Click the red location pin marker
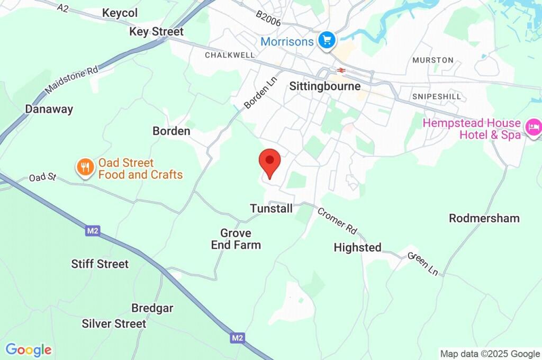(x=269, y=162)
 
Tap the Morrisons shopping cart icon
(x=327, y=40)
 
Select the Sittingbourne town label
(x=325, y=86)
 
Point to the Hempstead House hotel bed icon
(x=532, y=127)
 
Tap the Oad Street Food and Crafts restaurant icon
(x=84, y=168)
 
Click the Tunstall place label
(x=271, y=209)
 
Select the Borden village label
(x=171, y=131)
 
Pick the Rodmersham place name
(x=484, y=218)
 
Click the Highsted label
(x=357, y=247)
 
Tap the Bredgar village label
(x=152, y=308)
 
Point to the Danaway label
(x=49, y=109)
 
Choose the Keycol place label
(x=120, y=13)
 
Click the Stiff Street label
(x=100, y=264)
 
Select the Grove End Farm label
(x=236, y=239)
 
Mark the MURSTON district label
(x=433, y=60)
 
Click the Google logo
(x=29, y=350)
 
